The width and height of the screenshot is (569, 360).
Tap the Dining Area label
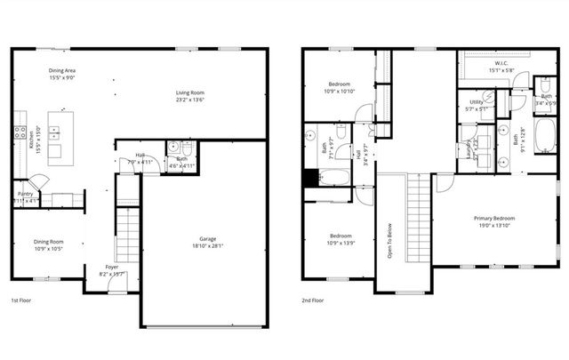[x=63, y=68]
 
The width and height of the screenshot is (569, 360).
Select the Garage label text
[x=208, y=238]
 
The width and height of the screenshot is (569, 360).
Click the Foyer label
[x=112, y=266]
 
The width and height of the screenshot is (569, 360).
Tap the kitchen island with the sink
[x=56, y=135]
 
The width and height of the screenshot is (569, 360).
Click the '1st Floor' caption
[x=22, y=300]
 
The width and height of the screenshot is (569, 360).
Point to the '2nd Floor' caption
[x=313, y=300]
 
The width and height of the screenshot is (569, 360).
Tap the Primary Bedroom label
[x=494, y=218]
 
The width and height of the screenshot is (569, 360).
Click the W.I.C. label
[x=500, y=64]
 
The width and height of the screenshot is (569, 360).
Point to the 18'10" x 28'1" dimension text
[x=208, y=246]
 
